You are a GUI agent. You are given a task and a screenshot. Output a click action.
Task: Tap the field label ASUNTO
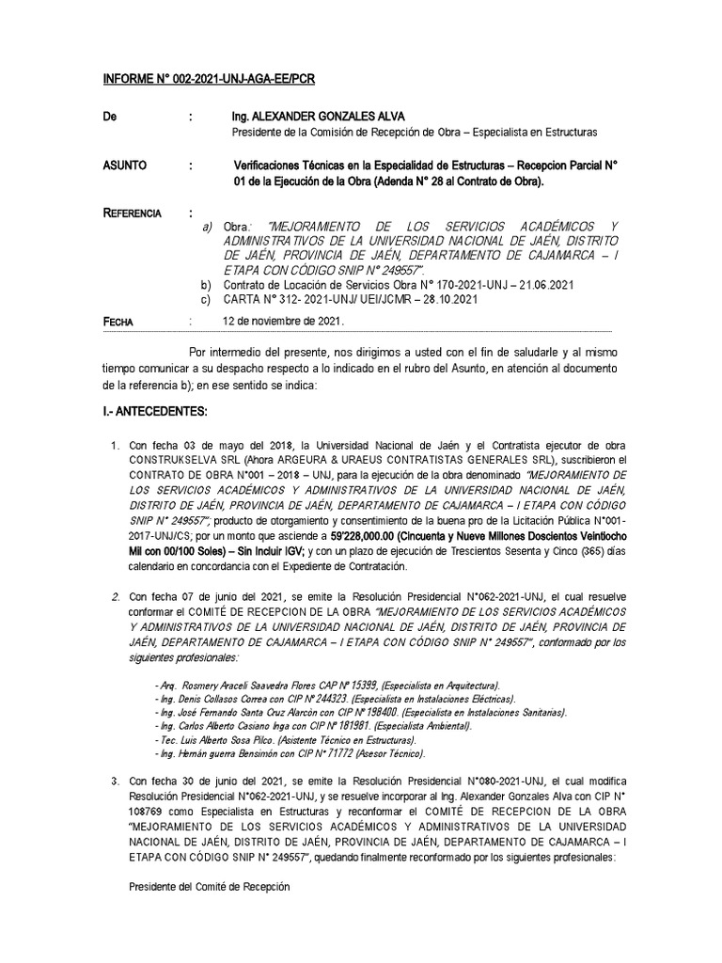point(125,165)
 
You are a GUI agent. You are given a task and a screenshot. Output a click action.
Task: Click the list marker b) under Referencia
point(207,285)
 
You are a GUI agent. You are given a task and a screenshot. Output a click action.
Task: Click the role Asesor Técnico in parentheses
point(385,755)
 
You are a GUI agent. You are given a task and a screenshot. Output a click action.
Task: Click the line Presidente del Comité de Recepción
point(208,888)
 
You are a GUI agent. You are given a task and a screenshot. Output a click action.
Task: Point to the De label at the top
point(110,117)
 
